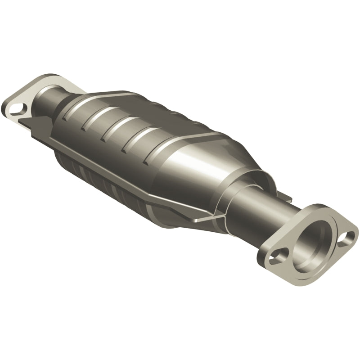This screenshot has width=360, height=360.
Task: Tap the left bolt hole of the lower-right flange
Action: [274, 258]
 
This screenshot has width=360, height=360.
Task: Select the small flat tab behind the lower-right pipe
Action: [283, 196]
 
